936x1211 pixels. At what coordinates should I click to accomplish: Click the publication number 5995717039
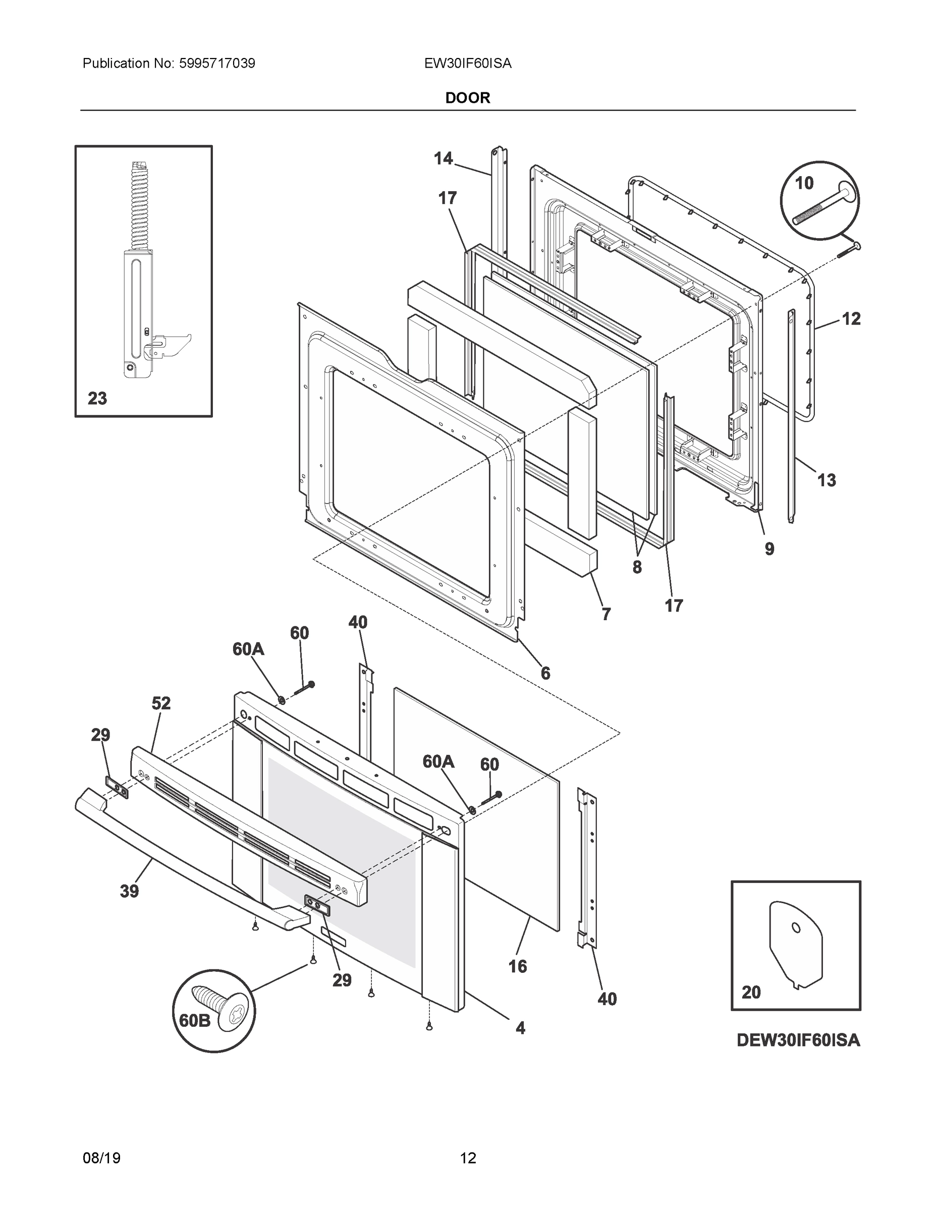pos(217,64)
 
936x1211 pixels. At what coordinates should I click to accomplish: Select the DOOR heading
pos(467,98)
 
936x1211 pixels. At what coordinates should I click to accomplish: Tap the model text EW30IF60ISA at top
pos(467,64)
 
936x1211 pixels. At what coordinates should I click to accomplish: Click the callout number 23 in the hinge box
pos(97,398)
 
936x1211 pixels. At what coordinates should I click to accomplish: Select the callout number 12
pos(851,319)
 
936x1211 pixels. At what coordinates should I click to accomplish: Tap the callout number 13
pos(826,480)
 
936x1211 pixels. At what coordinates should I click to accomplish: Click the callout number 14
pos(443,158)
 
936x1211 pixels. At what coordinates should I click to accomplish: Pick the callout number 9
pos(769,549)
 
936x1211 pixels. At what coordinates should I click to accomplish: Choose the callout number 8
pos(637,567)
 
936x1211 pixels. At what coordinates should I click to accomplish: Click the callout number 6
pos(545,673)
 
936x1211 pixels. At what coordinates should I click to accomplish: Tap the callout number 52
pos(161,704)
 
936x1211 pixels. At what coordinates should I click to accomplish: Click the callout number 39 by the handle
pos(129,892)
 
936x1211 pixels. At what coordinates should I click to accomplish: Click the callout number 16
pos(517,966)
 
